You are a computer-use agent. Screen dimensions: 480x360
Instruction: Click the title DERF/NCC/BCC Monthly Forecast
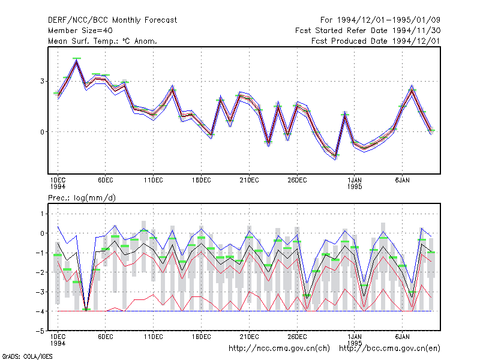coord(112,20)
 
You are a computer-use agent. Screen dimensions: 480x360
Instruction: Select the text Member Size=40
coord(80,31)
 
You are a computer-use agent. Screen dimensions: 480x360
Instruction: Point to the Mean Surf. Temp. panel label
coord(103,41)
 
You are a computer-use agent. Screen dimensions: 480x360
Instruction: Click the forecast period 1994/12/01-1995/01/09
coord(380,20)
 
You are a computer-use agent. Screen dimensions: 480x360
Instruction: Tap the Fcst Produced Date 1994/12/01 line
coord(376,41)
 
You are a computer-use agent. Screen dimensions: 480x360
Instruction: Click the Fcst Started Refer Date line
coord(368,31)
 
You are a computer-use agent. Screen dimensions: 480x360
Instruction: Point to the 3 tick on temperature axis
coord(42,81)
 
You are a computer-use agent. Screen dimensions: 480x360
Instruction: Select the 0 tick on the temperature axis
coord(42,132)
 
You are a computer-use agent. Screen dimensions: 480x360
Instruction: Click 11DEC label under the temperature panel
coord(154,181)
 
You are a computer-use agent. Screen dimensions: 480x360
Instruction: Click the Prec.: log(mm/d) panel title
coord(82,198)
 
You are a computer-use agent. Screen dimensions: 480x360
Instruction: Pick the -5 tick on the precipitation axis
coord(40,331)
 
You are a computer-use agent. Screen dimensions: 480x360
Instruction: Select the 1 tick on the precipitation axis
coord(42,214)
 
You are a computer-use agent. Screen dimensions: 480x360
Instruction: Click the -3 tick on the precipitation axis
coord(40,292)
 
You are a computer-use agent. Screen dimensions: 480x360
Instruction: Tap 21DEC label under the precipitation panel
coord(249,337)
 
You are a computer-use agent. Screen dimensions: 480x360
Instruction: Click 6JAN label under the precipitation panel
coord(402,337)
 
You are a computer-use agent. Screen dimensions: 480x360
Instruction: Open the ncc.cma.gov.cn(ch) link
coord(279,349)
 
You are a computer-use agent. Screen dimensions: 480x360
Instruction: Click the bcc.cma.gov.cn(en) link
coord(389,349)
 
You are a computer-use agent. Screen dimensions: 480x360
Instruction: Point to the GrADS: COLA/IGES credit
coord(27,356)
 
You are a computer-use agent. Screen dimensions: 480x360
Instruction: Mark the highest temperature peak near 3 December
coord(77,61)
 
